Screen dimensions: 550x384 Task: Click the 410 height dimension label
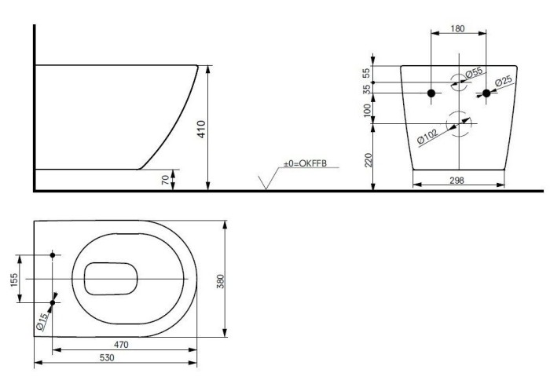[x=201, y=130]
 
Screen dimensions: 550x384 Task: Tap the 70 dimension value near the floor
[x=165, y=181]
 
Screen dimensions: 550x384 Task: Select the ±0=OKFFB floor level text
[x=305, y=163]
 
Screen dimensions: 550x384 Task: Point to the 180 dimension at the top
[x=458, y=28]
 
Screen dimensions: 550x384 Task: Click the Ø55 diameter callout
[x=474, y=72]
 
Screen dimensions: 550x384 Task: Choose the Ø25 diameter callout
[x=504, y=82]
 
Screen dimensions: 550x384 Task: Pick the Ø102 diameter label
[x=427, y=137]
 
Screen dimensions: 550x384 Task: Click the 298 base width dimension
[x=456, y=181]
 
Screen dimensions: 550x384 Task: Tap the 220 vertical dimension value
[x=368, y=160]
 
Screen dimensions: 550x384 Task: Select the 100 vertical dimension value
[x=367, y=110]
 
